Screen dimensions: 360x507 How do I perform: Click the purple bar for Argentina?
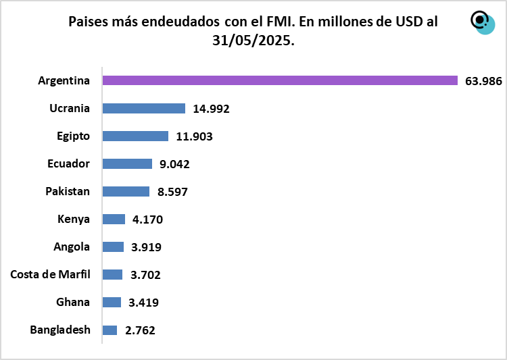280,80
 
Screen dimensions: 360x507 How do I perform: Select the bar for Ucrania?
143,108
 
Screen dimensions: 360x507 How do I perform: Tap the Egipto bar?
135,136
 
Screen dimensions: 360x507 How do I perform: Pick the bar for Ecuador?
127,163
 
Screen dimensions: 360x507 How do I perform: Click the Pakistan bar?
126,191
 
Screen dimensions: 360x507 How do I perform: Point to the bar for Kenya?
114,219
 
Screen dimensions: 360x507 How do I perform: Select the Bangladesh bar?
110,330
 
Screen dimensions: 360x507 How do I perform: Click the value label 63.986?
483,81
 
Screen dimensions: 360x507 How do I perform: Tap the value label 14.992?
211,109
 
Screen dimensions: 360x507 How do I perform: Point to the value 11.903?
194,136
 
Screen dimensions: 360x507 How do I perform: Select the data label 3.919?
147,247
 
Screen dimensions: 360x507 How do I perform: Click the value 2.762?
141,331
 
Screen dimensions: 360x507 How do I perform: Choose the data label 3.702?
145,275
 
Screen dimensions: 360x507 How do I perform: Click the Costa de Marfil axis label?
50,274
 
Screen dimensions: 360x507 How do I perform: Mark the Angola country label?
72,247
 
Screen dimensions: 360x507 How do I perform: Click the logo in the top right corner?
482,22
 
